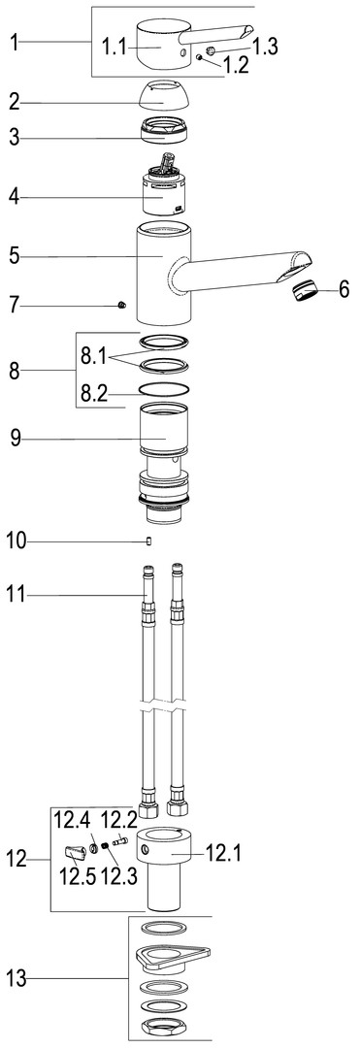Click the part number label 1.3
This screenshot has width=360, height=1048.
(265, 47)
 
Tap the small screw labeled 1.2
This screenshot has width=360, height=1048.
(200, 57)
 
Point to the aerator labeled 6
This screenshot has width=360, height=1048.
(304, 291)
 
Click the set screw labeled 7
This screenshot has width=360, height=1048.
(121, 305)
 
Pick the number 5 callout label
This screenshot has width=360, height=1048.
(15, 254)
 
